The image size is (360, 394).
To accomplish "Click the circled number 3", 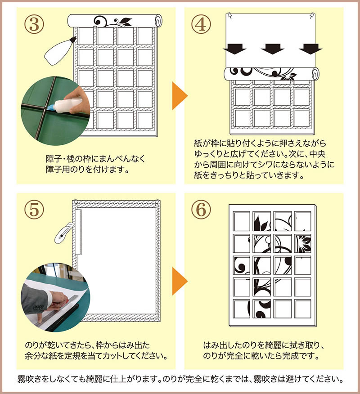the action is [x=34, y=25].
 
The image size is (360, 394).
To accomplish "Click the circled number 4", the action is [x=201, y=25].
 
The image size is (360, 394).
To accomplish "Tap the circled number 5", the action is [x=34, y=209].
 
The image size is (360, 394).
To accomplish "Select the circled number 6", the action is [x=201, y=209].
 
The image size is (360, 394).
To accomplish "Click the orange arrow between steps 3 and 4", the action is [x=180, y=95].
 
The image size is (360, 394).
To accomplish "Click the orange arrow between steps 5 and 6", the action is [x=180, y=281].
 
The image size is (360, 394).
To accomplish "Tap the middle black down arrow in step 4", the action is [x=273, y=49].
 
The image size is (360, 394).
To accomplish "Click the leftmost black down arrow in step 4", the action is [x=234, y=49].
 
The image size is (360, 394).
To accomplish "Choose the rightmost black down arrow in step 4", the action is [x=310, y=49].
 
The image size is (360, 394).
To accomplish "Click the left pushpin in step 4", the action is [x=230, y=16].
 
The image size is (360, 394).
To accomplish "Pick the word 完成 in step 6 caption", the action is [x=290, y=356].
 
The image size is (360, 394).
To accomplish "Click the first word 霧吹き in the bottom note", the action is [x=29, y=379].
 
